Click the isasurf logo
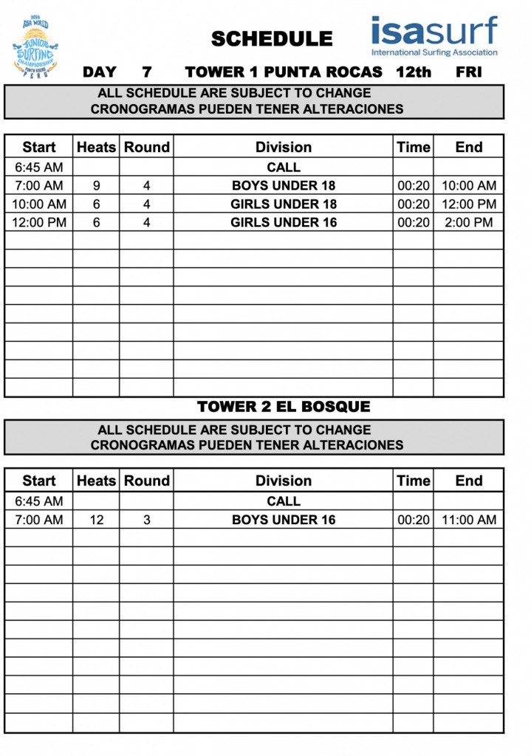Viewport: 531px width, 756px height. coord(434,36)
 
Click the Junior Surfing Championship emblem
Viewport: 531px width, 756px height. coord(35,46)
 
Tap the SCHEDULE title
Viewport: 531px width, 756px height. coord(271,39)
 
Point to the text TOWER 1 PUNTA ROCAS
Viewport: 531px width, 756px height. coord(284,72)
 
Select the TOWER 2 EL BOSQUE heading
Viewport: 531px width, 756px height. coord(284,407)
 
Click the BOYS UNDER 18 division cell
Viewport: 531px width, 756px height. coord(284,185)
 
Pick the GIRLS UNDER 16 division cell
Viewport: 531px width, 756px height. coord(284,222)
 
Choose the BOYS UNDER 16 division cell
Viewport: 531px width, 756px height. coord(284,520)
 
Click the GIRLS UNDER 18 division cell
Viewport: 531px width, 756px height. coord(284,204)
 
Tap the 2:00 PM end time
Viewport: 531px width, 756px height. coord(469,222)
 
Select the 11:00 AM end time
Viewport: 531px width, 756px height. coord(469,520)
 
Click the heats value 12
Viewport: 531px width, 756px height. coord(97,520)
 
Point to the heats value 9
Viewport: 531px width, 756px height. coord(97,185)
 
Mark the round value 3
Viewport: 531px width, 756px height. coord(147,520)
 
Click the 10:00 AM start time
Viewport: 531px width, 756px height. coord(39,204)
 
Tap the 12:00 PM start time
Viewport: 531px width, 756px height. coord(39,222)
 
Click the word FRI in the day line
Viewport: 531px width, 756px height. coord(469,72)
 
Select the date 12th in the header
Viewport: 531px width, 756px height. coord(413,72)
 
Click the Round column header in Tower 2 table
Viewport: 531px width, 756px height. coord(147,481)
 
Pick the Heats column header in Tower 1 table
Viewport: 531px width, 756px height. coord(97,147)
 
